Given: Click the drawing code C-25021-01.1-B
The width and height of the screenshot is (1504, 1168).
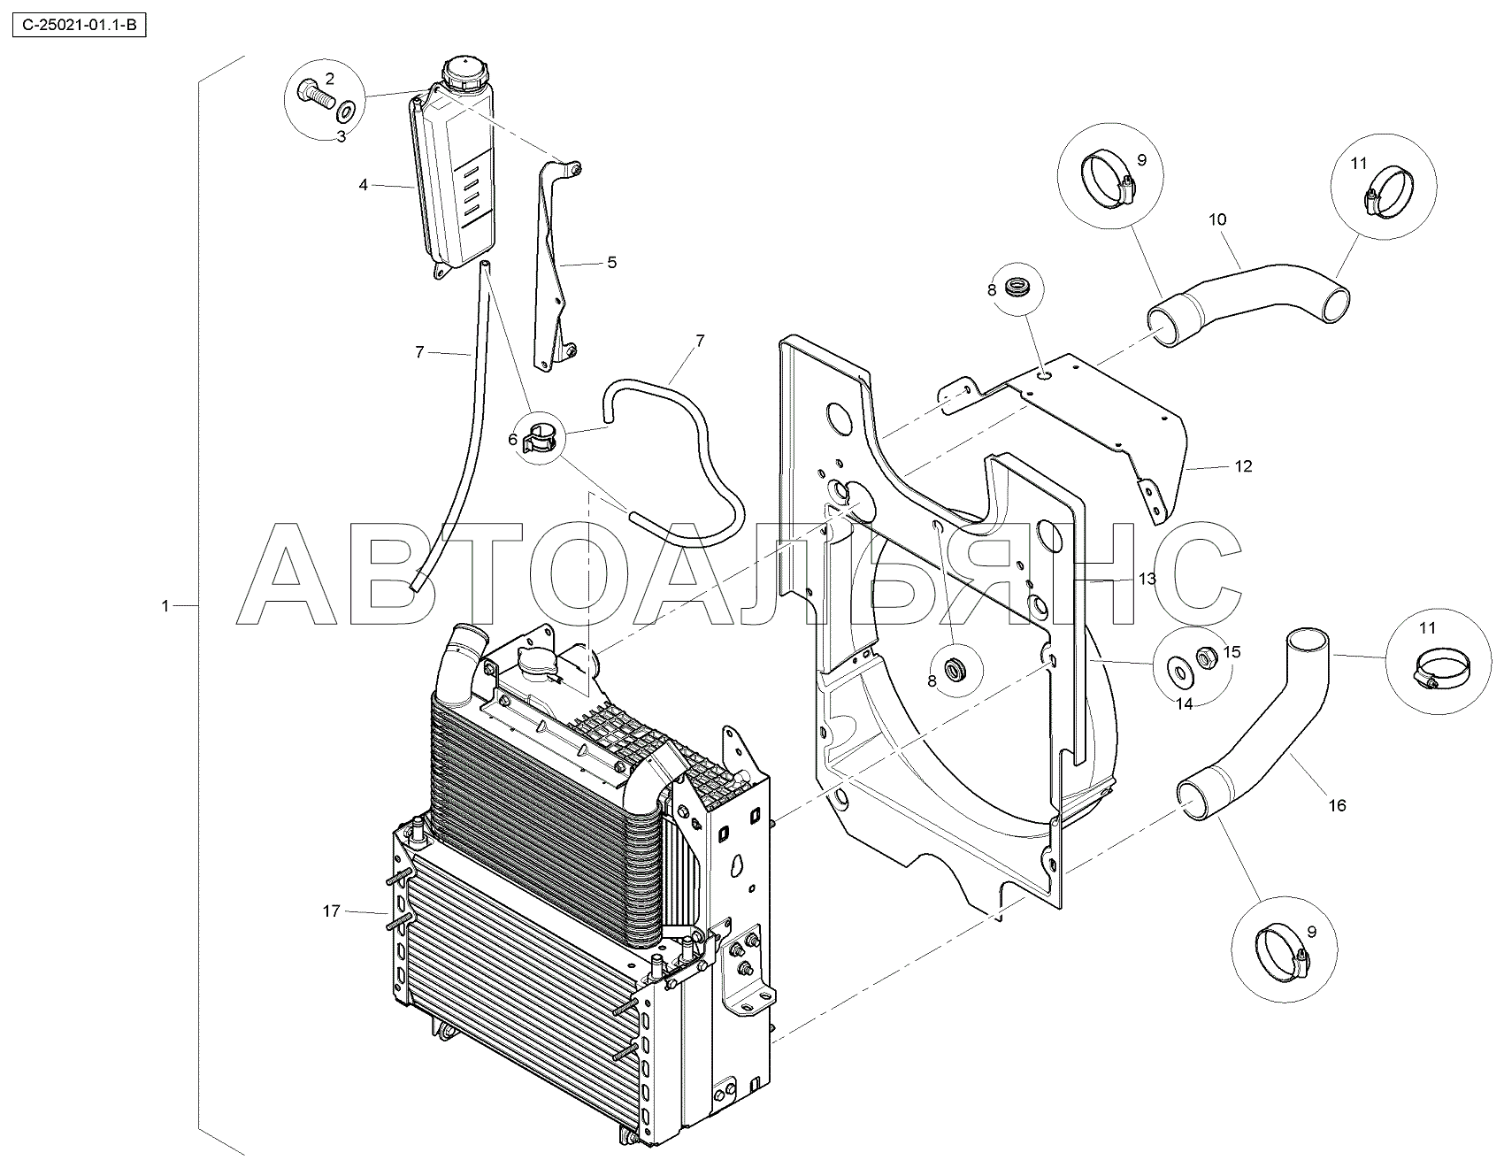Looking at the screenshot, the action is point(77,27).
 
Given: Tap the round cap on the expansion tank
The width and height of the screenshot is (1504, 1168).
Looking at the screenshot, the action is point(463,72).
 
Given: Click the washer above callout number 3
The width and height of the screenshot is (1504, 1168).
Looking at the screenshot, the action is point(346,111).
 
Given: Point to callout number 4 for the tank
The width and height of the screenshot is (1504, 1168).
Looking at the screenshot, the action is point(363,185).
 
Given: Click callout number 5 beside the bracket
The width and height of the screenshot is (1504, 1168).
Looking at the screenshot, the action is point(611,263).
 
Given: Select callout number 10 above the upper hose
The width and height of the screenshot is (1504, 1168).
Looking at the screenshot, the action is point(1218,219).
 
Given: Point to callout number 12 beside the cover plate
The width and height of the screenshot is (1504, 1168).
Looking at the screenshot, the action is point(1243,466).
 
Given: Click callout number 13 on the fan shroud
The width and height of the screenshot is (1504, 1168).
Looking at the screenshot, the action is point(1147,580).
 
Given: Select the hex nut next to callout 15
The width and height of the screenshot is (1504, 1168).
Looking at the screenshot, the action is point(1204,657).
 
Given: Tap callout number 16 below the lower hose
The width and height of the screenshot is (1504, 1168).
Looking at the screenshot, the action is point(1337,805).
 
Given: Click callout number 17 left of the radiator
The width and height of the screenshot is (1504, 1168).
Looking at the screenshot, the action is point(331,911).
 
